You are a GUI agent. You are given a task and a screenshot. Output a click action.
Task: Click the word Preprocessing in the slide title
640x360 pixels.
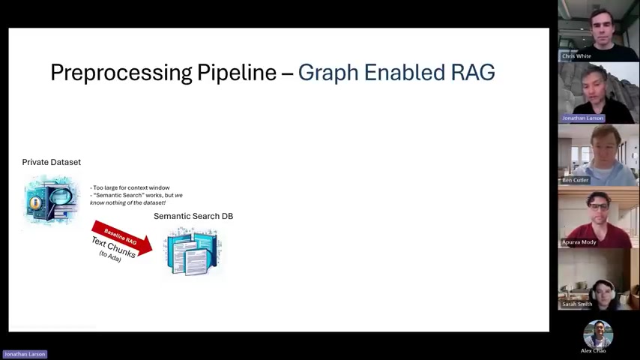(x=121, y=73)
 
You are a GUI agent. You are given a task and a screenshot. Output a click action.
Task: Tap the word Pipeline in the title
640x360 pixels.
(x=237, y=73)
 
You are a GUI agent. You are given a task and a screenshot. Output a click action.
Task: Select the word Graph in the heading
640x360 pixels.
(x=328, y=73)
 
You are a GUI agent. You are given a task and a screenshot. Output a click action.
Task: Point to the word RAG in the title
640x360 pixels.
(x=473, y=72)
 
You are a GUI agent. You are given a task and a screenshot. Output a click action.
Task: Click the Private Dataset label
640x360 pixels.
(x=52, y=162)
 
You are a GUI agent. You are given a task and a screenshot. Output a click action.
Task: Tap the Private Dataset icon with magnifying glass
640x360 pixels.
(x=52, y=199)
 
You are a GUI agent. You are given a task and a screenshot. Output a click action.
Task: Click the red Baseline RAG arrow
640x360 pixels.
(x=122, y=238)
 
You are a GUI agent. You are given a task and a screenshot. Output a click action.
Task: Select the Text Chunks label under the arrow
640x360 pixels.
(x=113, y=247)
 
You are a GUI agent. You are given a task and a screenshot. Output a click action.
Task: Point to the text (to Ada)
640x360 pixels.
(x=110, y=256)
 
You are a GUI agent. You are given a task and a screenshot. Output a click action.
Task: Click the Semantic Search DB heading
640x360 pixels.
(x=193, y=216)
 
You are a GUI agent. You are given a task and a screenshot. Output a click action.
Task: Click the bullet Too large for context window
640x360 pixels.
(x=130, y=187)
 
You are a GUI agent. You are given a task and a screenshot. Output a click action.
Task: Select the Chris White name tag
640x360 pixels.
(x=576, y=56)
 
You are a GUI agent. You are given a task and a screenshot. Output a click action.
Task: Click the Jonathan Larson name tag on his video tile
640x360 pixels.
(x=582, y=118)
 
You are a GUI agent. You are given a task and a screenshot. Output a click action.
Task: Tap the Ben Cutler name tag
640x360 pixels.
(x=575, y=180)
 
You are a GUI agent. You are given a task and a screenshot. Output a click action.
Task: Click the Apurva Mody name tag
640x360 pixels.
(x=579, y=242)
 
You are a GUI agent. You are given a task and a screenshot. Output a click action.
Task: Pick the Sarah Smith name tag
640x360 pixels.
(x=577, y=304)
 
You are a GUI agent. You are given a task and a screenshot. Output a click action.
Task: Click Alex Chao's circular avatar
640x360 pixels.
(x=598, y=334)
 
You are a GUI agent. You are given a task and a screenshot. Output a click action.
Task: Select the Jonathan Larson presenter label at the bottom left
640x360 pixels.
(x=25, y=354)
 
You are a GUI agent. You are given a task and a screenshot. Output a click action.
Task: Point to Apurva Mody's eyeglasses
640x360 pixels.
(x=598, y=207)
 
